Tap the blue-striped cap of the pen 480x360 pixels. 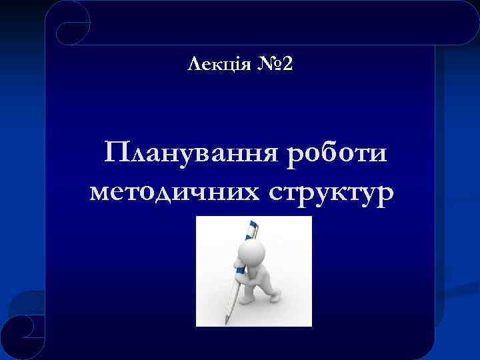tap(251, 231)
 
